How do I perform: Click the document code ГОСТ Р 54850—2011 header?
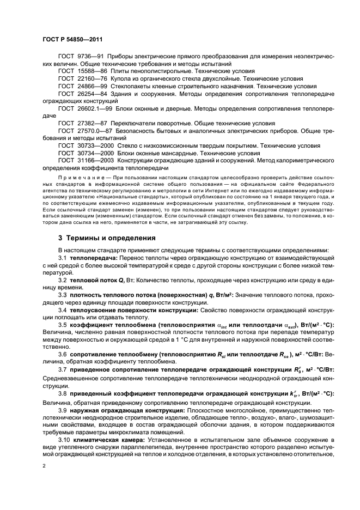[x=72, y=40]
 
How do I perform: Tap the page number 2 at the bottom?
[x=45, y=466]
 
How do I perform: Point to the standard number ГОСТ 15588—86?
[x=82, y=71]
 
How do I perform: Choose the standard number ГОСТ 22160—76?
[x=82, y=79]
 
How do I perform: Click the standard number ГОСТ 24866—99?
[x=82, y=86]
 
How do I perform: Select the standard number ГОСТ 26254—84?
[x=82, y=94]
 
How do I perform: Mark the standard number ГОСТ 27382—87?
[x=82, y=124]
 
